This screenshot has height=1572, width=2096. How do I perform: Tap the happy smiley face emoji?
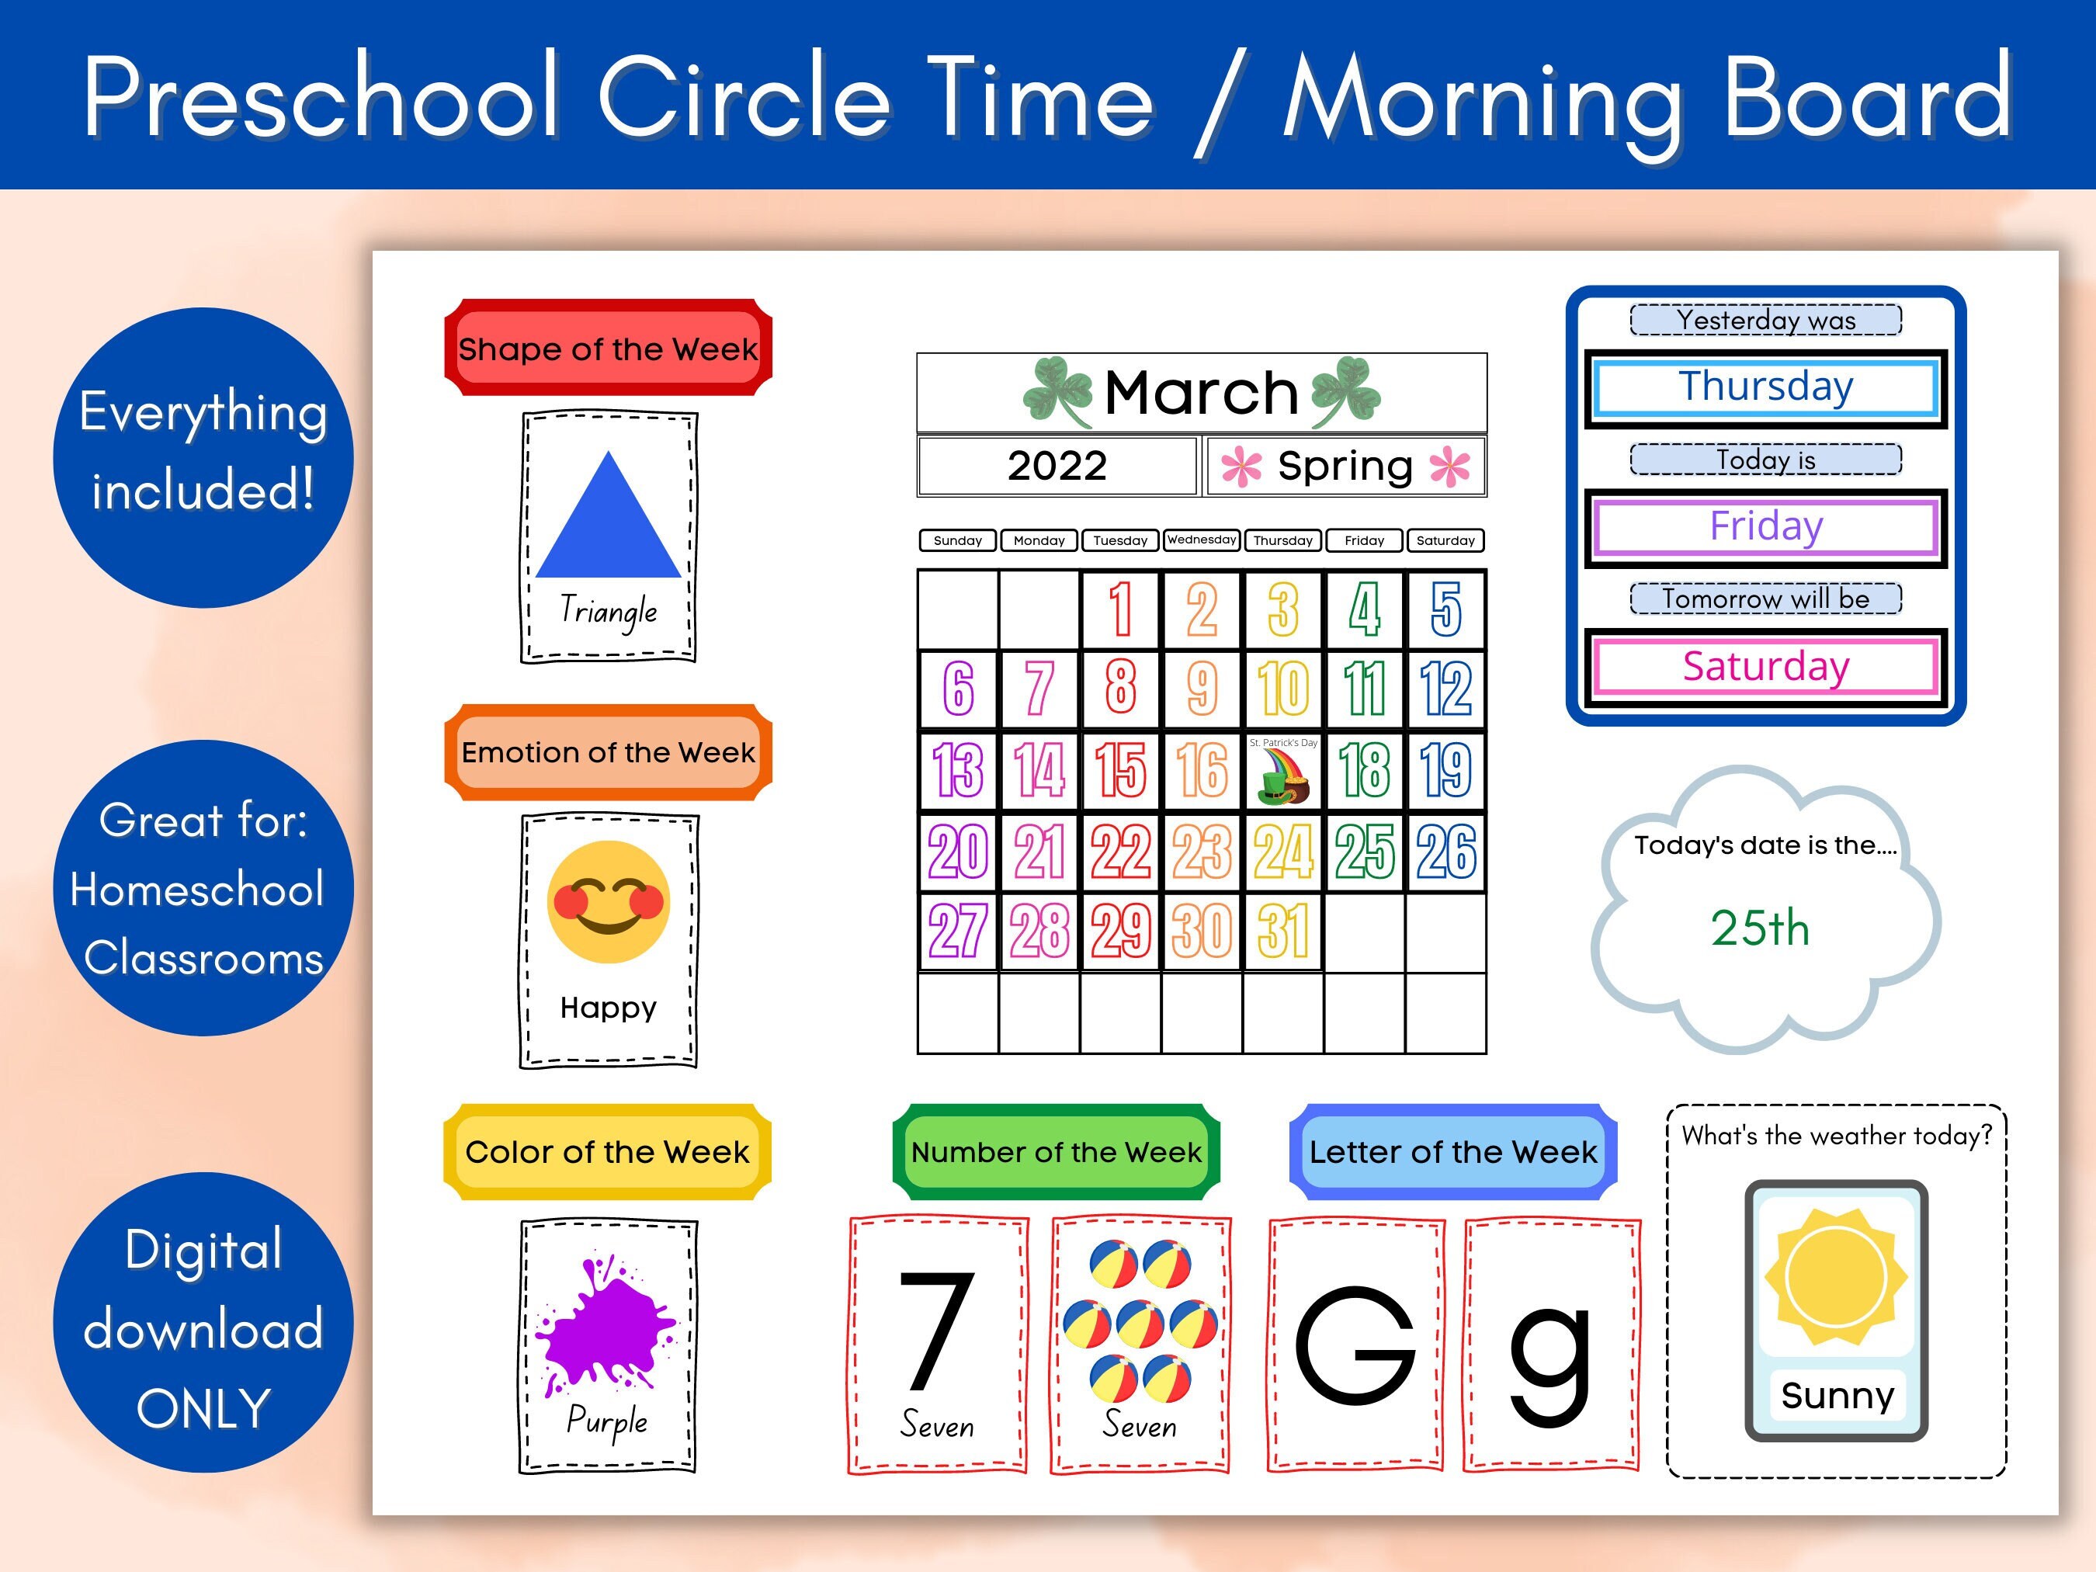(x=609, y=902)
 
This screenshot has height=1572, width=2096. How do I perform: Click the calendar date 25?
(x=1365, y=852)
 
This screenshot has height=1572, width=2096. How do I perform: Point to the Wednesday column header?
(x=1202, y=540)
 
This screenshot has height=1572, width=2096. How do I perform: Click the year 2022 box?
(x=1057, y=465)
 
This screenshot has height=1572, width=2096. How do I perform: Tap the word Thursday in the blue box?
(x=1765, y=387)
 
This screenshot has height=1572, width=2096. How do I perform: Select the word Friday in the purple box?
(x=1765, y=526)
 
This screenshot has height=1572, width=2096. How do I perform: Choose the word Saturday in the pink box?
(x=1765, y=666)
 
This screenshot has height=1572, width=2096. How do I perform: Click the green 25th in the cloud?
(x=1760, y=928)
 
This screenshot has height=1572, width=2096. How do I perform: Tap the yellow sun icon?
(x=1835, y=1276)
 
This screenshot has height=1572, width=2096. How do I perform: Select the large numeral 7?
(x=936, y=1331)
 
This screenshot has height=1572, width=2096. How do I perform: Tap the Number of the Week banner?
(x=1056, y=1152)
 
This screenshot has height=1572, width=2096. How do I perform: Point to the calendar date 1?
(x=1120, y=609)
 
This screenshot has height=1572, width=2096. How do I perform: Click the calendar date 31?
(x=1283, y=932)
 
